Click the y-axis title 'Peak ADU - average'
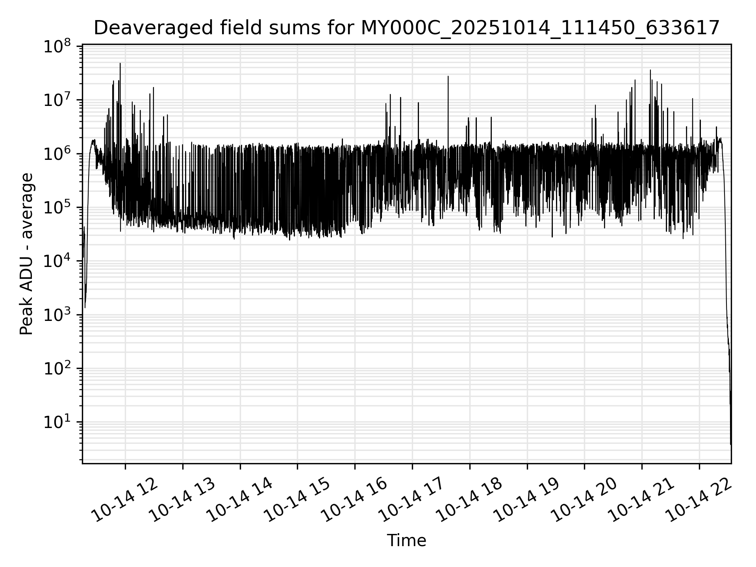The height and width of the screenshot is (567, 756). pyautogui.click(x=27, y=254)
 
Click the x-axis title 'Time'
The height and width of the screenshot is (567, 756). pyautogui.click(x=406, y=541)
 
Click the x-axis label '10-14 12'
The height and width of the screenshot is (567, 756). pyautogui.click(x=126, y=500)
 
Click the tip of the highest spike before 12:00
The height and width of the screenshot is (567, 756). pyautogui.click(x=120, y=63)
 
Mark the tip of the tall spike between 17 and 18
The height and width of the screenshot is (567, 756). pyautogui.click(x=448, y=76)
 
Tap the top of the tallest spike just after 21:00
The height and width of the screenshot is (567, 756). pyautogui.click(x=650, y=70)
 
